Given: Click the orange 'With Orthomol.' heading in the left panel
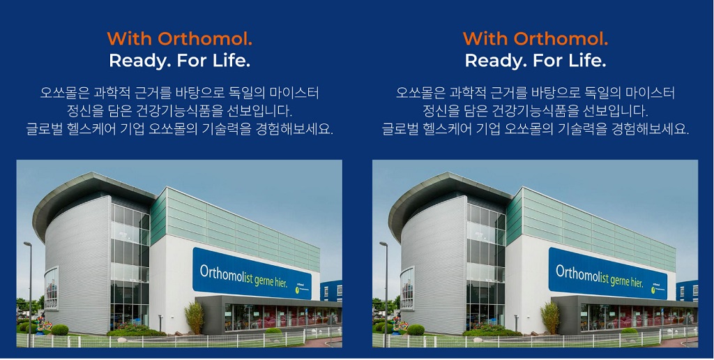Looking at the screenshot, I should (179, 38).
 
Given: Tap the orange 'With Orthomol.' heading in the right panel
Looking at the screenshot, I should (535, 38).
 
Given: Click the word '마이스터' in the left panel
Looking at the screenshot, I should (297, 93).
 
